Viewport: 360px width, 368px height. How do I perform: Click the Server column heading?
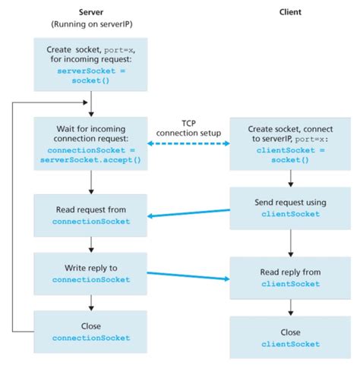pyautogui.click(x=91, y=13)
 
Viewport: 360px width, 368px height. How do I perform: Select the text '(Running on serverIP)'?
pyautogui.click(x=91, y=24)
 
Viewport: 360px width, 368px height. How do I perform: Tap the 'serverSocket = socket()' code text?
pyautogui.click(x=91, y=74)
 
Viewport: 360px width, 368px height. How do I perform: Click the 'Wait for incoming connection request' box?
pyautogui.click(x=91, y=141)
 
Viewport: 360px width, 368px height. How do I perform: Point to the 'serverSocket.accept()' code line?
pyautogui.click(x=91, y=160)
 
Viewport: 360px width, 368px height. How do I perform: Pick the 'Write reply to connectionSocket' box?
pyautogui.click(x=91, y=272)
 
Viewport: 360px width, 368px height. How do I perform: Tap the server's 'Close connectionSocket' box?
pyautogui.click(x=91, y=331)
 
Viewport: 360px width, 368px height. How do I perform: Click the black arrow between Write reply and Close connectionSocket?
pyautogui.click(x=91, y=301)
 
